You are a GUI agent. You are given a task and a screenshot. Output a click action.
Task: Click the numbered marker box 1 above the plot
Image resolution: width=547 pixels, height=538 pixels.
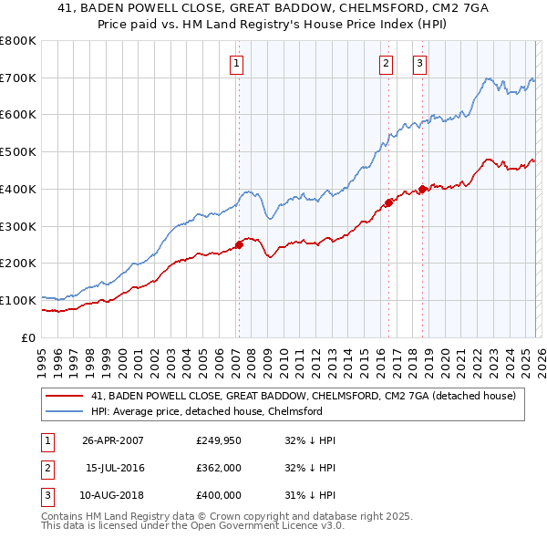click(236, 63)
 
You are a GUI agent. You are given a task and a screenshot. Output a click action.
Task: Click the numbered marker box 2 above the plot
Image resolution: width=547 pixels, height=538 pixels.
click(386, 63)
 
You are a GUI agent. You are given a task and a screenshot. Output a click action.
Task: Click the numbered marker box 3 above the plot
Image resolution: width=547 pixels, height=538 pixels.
click(419, 63)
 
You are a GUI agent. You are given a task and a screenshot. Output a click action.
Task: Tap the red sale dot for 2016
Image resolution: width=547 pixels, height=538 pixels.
click(388, 202)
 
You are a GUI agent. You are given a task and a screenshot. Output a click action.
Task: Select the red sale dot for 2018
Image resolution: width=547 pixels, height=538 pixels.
click(422, 189)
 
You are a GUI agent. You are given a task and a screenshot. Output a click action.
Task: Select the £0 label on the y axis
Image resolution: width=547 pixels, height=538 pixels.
click(27, 337)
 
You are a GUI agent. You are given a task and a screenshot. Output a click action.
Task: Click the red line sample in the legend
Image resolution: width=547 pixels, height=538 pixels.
click(66, 396)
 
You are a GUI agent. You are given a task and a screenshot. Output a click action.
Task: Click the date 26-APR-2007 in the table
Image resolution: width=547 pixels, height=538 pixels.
click(112, 440)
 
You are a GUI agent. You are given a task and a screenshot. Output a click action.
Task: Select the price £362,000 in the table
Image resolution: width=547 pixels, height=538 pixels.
click(218, 468)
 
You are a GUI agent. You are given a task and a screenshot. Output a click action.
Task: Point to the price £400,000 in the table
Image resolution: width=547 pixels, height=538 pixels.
click(218, 495)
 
